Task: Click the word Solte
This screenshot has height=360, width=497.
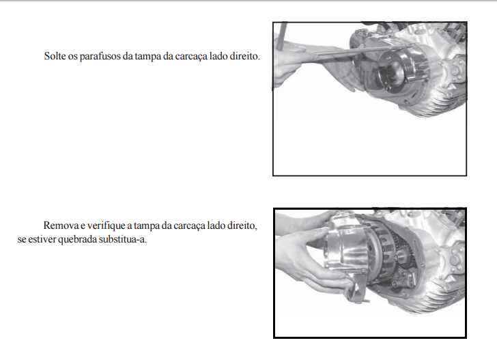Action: coord(55,56)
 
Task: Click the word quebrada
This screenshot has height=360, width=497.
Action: coord(77,240)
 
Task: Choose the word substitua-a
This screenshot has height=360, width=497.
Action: coord(123,239)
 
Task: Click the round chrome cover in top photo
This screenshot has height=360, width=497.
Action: coord(396,72)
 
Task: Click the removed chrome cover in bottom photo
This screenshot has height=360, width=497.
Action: coord(345,253)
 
